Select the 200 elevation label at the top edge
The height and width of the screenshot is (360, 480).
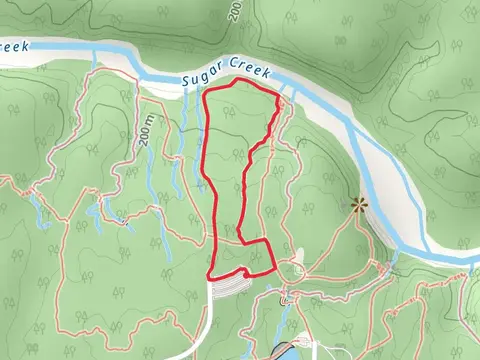coord(235,10)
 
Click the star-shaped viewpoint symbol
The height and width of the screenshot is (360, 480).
coord(358,206)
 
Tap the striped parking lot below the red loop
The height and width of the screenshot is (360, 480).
coord(232,285)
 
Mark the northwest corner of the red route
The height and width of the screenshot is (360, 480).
coord(205,94)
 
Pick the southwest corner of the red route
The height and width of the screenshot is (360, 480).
coord(208,276)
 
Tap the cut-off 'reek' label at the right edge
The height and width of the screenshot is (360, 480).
coord(470,254)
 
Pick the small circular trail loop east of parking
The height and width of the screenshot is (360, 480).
coord(296,270)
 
